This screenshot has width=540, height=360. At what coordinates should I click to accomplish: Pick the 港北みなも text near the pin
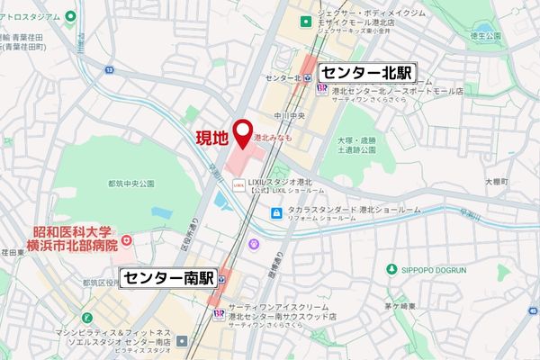point(273,139)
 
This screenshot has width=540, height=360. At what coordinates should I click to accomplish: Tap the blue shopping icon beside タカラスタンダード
point(278,212)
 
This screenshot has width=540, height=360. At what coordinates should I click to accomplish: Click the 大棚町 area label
point(497,182)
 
